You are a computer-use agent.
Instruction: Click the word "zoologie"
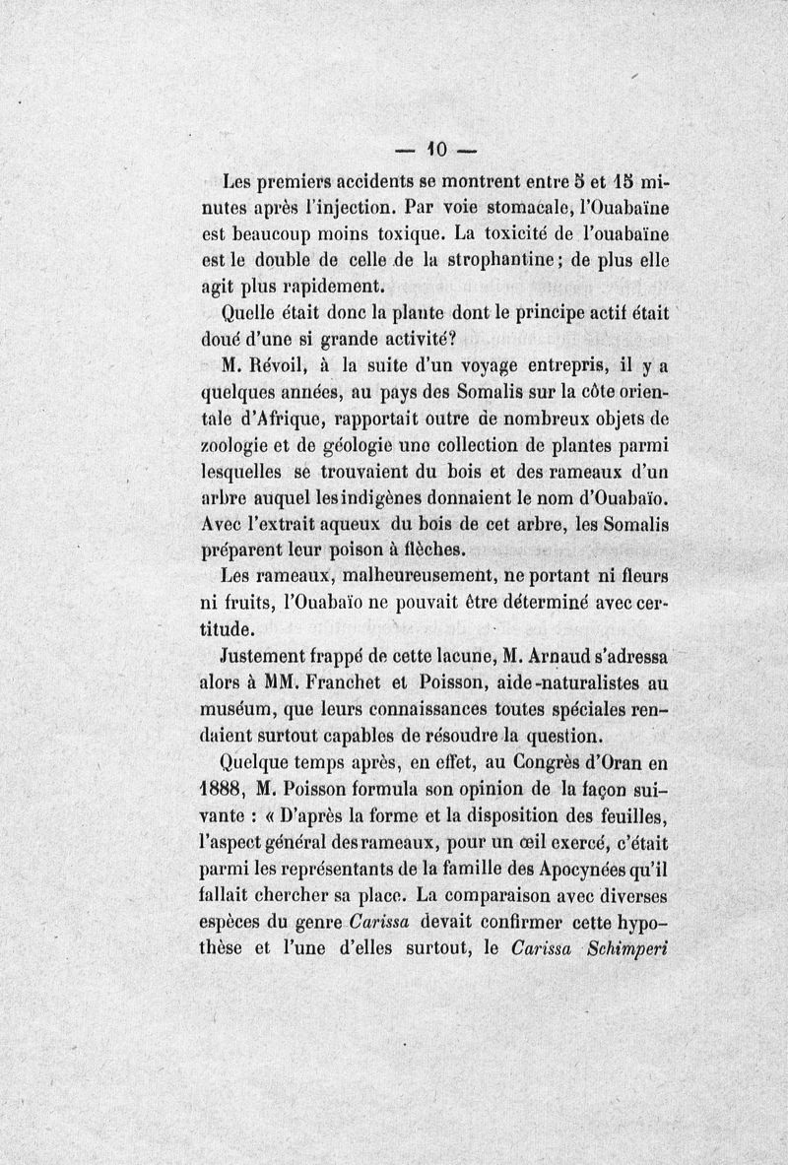(255, 443)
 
